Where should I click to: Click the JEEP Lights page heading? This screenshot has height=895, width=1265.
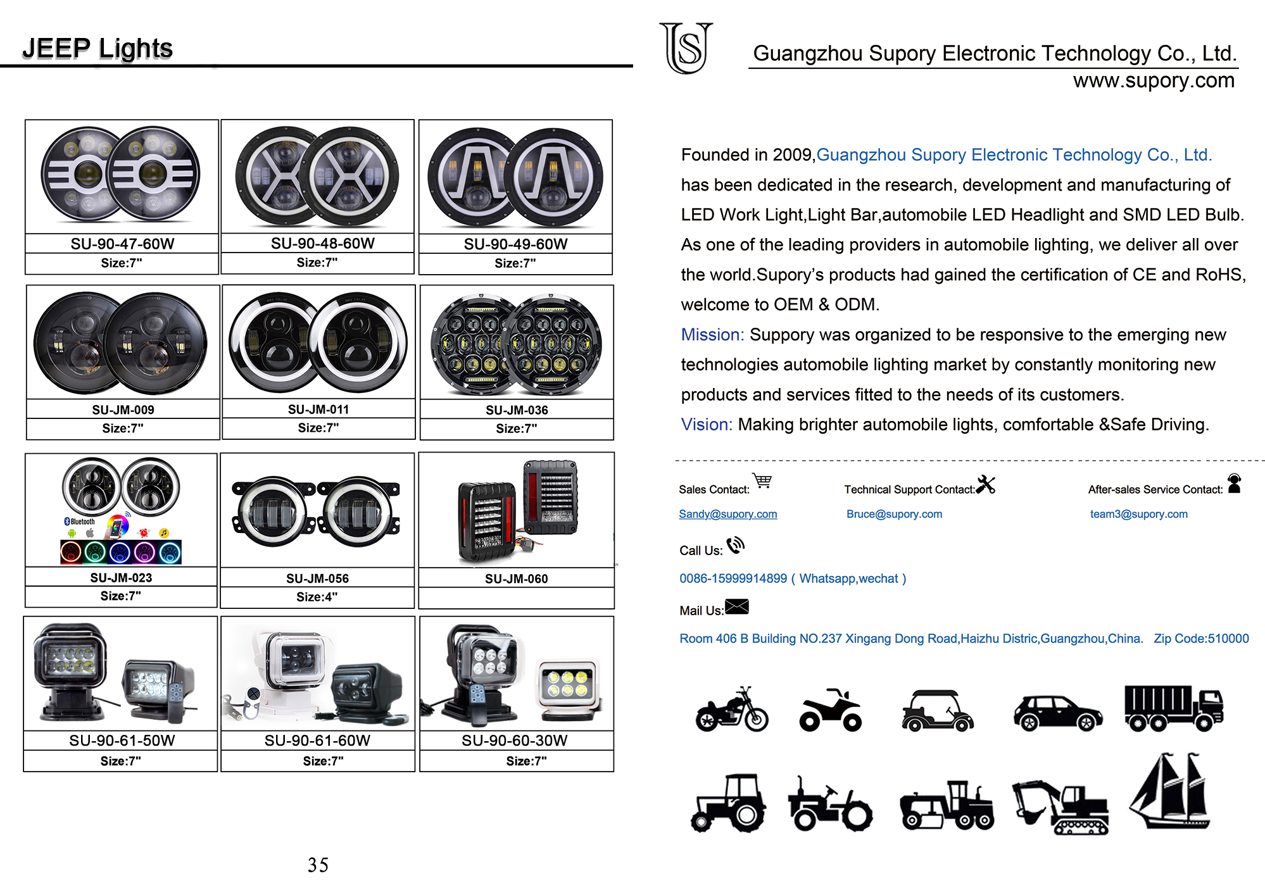[98, 48]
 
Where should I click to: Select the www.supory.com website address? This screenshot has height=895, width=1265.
[1153, 80]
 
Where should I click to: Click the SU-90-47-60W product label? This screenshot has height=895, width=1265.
[122, 244]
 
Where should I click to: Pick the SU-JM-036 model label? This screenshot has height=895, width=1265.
[517, 410]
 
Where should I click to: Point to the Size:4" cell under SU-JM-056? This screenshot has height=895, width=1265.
[317, 597]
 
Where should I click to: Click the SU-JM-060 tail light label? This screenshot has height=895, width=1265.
[516, 579]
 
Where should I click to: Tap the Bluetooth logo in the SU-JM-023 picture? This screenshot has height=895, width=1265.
[80, 522]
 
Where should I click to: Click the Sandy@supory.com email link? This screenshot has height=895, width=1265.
[727, 514]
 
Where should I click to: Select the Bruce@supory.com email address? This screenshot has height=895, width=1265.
[894, 514]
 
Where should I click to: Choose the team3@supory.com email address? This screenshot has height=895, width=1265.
[1138, 514]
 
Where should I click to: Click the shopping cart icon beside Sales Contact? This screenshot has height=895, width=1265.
[762, 481]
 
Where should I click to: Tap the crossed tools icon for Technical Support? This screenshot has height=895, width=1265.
[986, 485]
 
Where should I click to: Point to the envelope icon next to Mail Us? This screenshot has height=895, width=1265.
[736, 607]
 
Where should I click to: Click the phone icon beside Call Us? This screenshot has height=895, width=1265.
[736, 545]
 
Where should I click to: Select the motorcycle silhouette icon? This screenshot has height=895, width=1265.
[731, 710]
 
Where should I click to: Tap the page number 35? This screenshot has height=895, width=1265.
[318, 865]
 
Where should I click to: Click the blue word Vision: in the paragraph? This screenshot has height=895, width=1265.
[706, 424]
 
